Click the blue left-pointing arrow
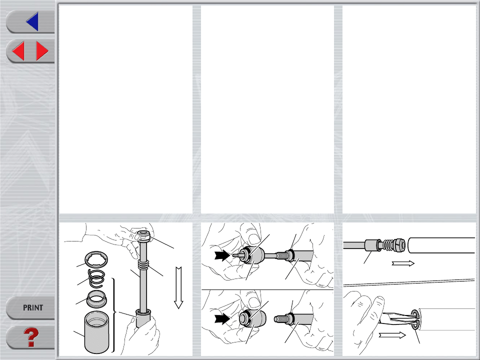click(33, 21)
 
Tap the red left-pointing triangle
click(18, 51)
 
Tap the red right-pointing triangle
click(42, 51)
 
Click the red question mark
click(31, 337)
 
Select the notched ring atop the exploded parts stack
click(96, 259)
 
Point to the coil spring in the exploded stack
click(96, 279)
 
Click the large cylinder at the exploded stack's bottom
click(96, 332)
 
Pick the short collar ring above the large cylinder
click(96, 299)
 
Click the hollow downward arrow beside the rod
click(178, 287)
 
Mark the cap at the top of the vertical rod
click(143, 236)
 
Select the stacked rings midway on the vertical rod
click(143, 264)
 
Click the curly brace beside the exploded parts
click(114, 315)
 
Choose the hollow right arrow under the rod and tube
click(403, 263)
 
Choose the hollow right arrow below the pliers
click(392, 335)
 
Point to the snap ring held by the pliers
click(414, 319)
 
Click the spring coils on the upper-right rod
click(389, 245)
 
